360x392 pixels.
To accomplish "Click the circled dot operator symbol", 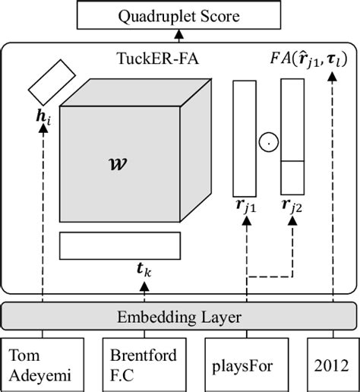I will [268, 141].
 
